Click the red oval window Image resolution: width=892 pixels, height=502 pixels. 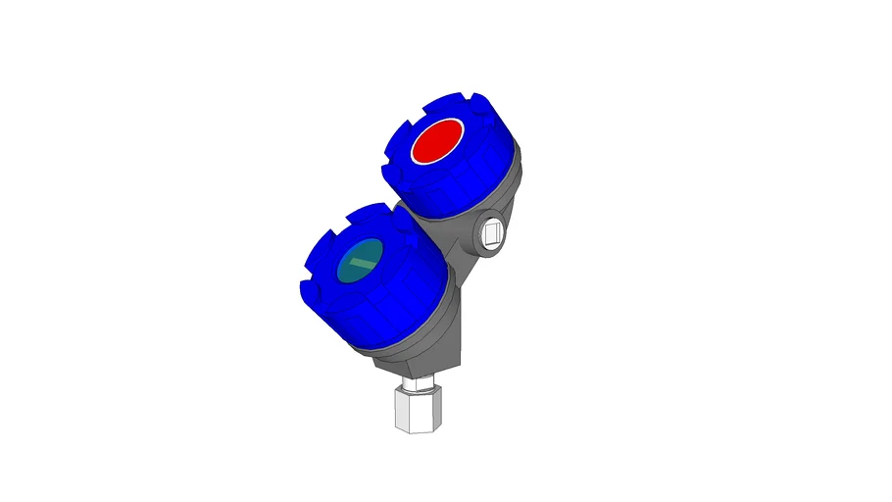pyautogui.click(x=437, y=141)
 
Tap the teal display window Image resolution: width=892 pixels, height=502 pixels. pyautogui.click(x=360, y=261)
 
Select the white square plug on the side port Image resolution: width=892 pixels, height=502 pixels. pyautogui.click(x=493, y=233)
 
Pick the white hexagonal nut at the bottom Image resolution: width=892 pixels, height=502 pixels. pyautogui.click(x=416, y=409)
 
